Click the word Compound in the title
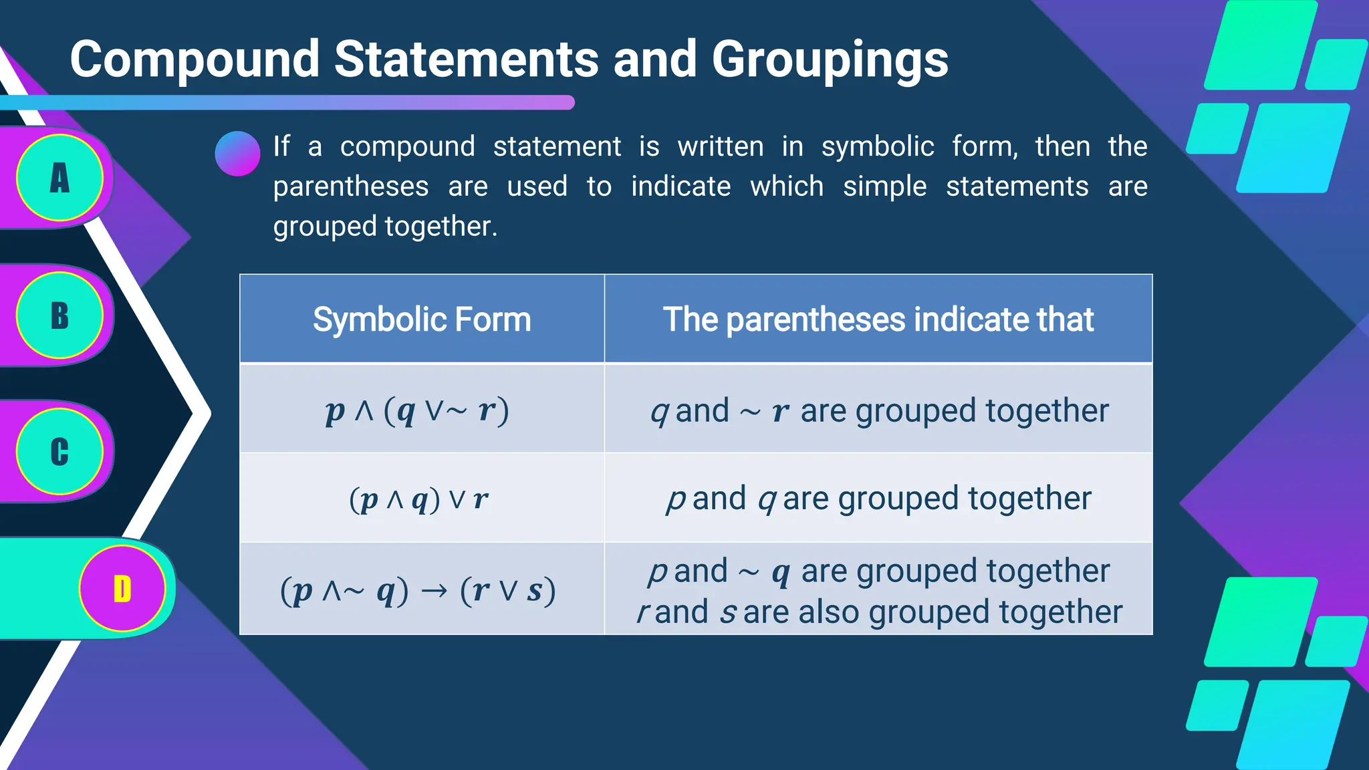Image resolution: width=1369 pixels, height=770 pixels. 195,60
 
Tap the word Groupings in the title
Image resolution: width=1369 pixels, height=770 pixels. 830,60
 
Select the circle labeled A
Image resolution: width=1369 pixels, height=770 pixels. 59,178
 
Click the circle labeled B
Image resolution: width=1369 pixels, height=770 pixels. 59,315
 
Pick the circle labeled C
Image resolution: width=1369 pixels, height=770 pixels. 59,452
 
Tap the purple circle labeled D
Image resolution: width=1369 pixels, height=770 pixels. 122,589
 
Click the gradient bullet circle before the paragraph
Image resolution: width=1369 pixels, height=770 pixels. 237,154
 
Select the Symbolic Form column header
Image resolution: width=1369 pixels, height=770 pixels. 422,319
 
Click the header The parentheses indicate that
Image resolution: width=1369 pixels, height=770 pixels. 878,319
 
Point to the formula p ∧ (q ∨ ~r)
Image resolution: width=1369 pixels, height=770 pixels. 417,410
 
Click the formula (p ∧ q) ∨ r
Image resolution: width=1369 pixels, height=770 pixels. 418,499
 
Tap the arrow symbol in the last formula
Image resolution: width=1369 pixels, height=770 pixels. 434,591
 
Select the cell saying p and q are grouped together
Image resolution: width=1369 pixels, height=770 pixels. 878,499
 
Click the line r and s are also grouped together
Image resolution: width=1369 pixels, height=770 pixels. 879,612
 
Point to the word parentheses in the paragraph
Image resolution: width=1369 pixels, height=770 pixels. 350,186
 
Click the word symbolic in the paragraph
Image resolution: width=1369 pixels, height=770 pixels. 877,146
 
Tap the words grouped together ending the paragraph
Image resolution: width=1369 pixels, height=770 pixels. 384,227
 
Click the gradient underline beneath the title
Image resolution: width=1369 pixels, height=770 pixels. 287,102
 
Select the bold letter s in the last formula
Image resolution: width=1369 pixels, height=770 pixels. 535,591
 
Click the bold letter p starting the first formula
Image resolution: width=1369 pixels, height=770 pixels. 334,410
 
